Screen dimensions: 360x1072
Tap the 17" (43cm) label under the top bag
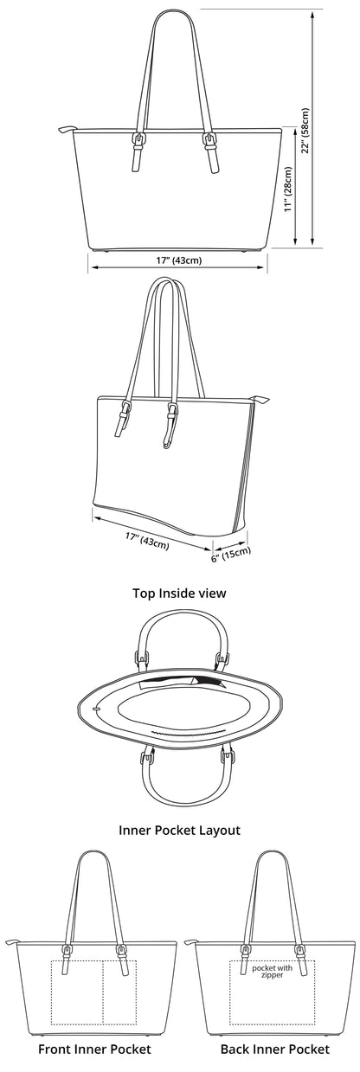[178, 260]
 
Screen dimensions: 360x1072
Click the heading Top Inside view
[179, 593]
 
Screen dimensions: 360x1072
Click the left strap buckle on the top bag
[138, 140]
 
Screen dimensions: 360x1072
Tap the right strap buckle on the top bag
[210, 140]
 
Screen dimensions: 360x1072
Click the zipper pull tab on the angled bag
[259, 399]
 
